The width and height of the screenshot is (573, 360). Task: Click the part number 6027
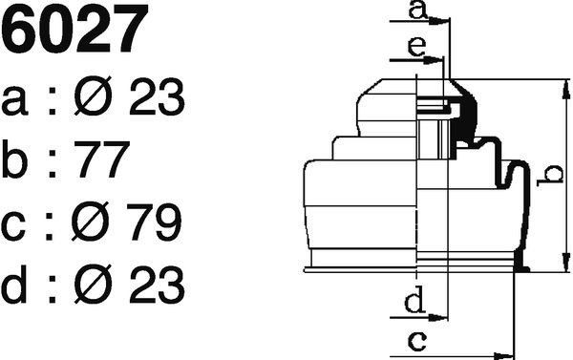pos(74,29)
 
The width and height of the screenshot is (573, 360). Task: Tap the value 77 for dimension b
pos(102,159)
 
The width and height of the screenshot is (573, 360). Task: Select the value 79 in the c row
pos(154,222)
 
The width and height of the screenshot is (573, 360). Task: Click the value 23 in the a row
pos(157,96)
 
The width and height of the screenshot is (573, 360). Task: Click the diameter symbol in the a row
pos(93,96)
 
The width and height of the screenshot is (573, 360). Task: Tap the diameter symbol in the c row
pos(91,222)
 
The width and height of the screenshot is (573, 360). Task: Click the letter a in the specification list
pos(14,101)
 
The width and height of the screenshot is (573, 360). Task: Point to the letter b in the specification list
pos(14,159)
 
